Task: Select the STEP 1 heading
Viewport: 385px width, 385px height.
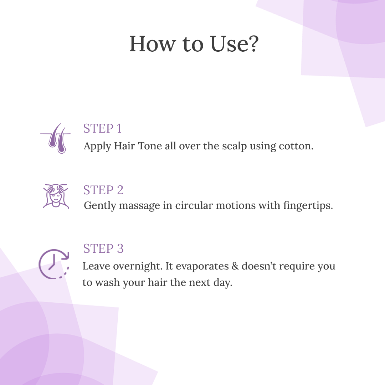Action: (102, 128)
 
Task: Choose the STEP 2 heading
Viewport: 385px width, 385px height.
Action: (103, 190)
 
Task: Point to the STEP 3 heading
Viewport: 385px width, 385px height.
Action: (103, 248)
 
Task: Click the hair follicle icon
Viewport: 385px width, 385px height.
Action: (56, 138)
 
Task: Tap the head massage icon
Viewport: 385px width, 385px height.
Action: (56, 196)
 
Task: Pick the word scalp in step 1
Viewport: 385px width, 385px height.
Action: (235, 147)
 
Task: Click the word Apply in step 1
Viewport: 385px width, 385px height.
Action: (97, 147)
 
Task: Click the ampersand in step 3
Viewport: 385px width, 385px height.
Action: (235, 266)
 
